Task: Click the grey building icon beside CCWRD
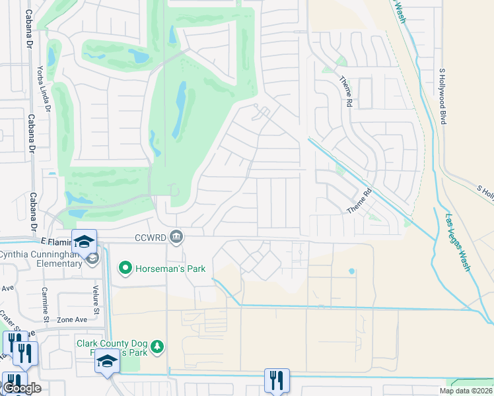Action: pos(176,236)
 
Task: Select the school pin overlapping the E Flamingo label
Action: pos(84,242)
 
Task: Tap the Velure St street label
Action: pos(96,301)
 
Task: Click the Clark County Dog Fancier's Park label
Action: pos(114,348)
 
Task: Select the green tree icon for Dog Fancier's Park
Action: pos(157,346)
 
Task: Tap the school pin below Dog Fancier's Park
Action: pos(107,362)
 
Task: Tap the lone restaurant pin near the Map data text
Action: pos(276,380)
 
